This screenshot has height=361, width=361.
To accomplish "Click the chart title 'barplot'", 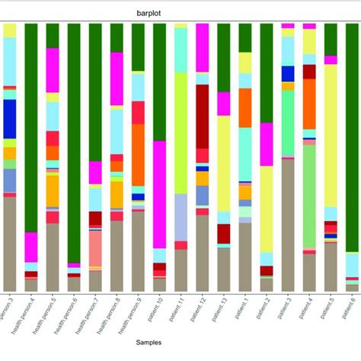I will tap(180, 13).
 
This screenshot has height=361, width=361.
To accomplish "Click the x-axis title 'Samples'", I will tap(180, 344).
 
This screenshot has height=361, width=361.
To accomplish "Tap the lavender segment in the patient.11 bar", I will tap(181, 217).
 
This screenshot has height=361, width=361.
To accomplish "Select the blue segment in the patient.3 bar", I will tap(288, 73).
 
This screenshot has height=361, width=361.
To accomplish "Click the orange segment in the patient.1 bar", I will tap(245, 107).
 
